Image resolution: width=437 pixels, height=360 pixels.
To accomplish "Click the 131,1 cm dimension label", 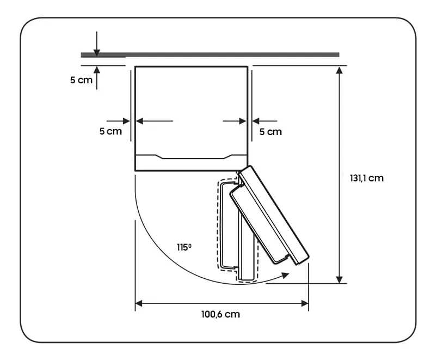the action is point(366,178).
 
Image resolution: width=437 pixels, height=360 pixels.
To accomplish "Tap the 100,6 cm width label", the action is point(220,314).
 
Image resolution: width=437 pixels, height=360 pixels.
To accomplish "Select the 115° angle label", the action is point(184,247).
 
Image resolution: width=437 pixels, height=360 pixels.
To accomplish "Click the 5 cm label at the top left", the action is point(81,80).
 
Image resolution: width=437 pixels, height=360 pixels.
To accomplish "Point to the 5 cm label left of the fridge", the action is point(110,131).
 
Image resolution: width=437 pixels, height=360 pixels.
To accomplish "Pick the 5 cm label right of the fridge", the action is point(270,132).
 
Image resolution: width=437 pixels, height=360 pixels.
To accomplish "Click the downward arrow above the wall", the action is point(97,44).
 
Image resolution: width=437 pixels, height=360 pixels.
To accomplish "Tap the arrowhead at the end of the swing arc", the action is point(285,276).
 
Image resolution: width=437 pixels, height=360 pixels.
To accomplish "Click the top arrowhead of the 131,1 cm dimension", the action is point(339,70).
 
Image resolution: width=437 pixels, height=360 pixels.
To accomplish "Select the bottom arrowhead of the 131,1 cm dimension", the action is point(339,280).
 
